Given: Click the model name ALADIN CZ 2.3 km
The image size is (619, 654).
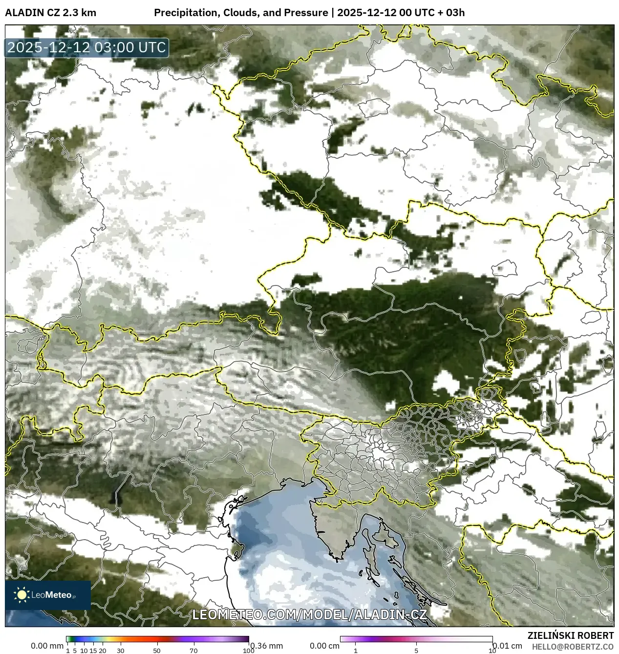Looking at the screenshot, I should [x=50, y=13].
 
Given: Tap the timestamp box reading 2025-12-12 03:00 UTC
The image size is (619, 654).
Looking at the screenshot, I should [x=87, y=48].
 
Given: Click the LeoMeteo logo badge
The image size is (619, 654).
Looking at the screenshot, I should [x=48, y=595].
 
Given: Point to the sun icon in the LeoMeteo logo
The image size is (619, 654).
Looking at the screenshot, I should [x=21, y=595].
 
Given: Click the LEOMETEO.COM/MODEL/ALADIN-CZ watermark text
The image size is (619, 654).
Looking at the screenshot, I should [x=309, y=614].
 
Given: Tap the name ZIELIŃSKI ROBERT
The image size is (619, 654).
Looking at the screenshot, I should [x=570, y=635].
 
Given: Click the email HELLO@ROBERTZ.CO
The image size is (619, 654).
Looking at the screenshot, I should [x=573, y=646].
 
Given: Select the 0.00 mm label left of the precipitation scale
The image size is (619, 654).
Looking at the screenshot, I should [x=46, y=646].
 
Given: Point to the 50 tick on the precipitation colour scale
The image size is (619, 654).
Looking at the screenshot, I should [x=157, y=651].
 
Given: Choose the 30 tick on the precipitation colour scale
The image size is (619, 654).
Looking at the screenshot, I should [x=121, y=651].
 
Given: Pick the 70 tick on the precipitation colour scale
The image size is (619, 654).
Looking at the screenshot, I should [x=193, y=651].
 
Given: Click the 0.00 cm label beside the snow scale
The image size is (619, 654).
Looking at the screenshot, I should [x=324, y=646].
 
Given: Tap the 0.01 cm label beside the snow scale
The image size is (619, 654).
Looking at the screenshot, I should [x=508, y=646].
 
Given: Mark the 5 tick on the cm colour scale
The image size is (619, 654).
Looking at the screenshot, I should [x=416, y=651].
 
